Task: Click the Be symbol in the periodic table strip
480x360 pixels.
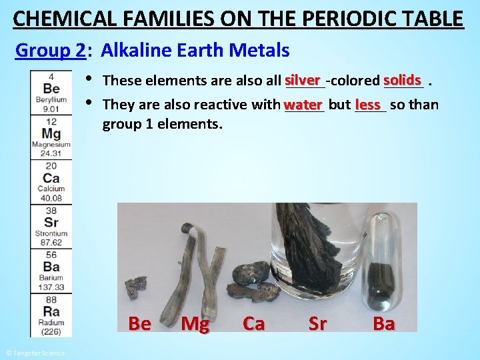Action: (51, 89)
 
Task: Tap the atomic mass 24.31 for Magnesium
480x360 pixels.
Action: (51, 153)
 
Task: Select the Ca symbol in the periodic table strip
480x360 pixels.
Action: (51, 178)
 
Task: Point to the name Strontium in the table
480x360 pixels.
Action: (51, 233)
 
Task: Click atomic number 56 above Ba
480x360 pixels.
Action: (51, 255)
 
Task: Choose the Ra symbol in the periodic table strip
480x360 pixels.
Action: (51, 311)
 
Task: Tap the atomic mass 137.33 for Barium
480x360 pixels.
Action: (51, 287)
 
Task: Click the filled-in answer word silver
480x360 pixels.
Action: (303, 80)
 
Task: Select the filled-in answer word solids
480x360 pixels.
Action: (403, 80)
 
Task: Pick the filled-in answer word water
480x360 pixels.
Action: (303, 105)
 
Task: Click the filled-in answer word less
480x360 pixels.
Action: (368, 105)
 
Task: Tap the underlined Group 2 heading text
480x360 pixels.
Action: (50, 50)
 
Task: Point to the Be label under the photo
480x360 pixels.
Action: (139, 324)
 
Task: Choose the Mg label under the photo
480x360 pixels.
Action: (195, 324)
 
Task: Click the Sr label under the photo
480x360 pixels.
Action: (317, 324)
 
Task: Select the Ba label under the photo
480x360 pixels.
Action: (383, 324)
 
